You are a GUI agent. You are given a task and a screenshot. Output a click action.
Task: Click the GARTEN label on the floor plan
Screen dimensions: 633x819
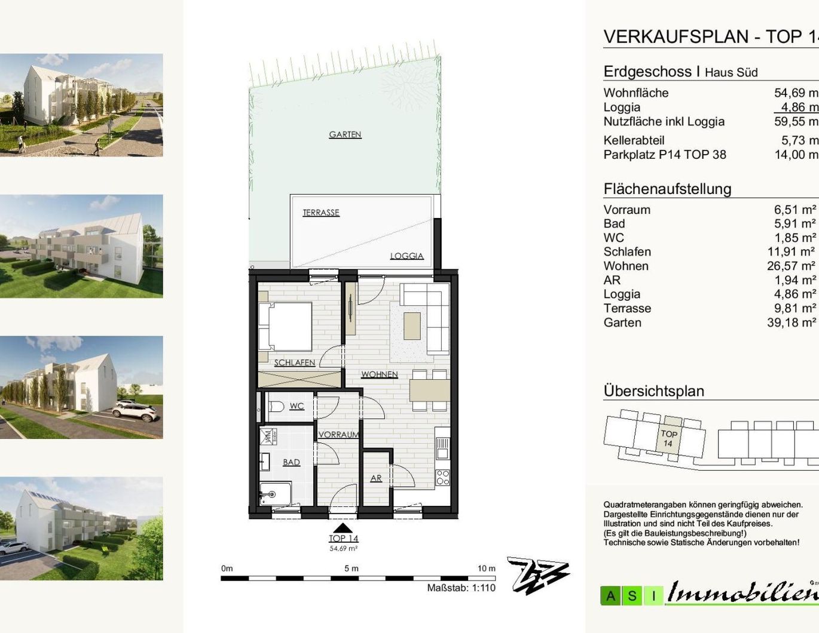coord(345,134)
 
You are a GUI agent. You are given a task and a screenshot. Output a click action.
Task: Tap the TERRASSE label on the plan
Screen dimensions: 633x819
coord(320,213)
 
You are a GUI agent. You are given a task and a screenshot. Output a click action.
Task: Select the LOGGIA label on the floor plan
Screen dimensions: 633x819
coord(407,256)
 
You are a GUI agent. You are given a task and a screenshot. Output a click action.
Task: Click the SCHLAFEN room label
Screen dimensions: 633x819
coord(294,362)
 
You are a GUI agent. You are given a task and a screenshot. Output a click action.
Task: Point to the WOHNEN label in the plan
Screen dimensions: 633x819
coord(379,374)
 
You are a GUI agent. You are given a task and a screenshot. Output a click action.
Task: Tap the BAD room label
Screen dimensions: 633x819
coord(291,462)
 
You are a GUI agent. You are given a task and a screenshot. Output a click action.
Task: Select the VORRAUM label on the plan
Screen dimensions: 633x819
coord(338,435)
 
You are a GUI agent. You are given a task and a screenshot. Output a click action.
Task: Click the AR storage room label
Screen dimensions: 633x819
coord(375,478)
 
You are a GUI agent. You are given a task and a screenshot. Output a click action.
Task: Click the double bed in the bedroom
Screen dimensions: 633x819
coord(286,326)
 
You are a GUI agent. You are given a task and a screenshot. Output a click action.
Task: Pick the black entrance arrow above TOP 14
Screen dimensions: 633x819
coord(343,528)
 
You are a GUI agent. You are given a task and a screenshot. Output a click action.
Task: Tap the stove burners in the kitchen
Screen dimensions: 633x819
coord(442,477)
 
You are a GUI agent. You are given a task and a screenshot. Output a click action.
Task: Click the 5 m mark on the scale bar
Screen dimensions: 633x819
coord(352,569)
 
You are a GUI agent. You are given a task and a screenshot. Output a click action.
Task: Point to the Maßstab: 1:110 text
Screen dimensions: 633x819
coord(461,588)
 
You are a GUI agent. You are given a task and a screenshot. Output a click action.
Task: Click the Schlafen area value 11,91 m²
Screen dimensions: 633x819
coord(791,252)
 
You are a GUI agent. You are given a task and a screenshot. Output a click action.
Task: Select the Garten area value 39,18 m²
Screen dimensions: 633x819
coord(791,322)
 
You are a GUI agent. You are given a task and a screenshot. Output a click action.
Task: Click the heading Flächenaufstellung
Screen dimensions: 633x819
coord(667,189)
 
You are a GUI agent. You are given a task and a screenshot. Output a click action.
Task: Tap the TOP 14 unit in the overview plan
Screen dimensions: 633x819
coord(669,438)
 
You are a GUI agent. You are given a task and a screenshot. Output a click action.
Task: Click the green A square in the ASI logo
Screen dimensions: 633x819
coord(610,595)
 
